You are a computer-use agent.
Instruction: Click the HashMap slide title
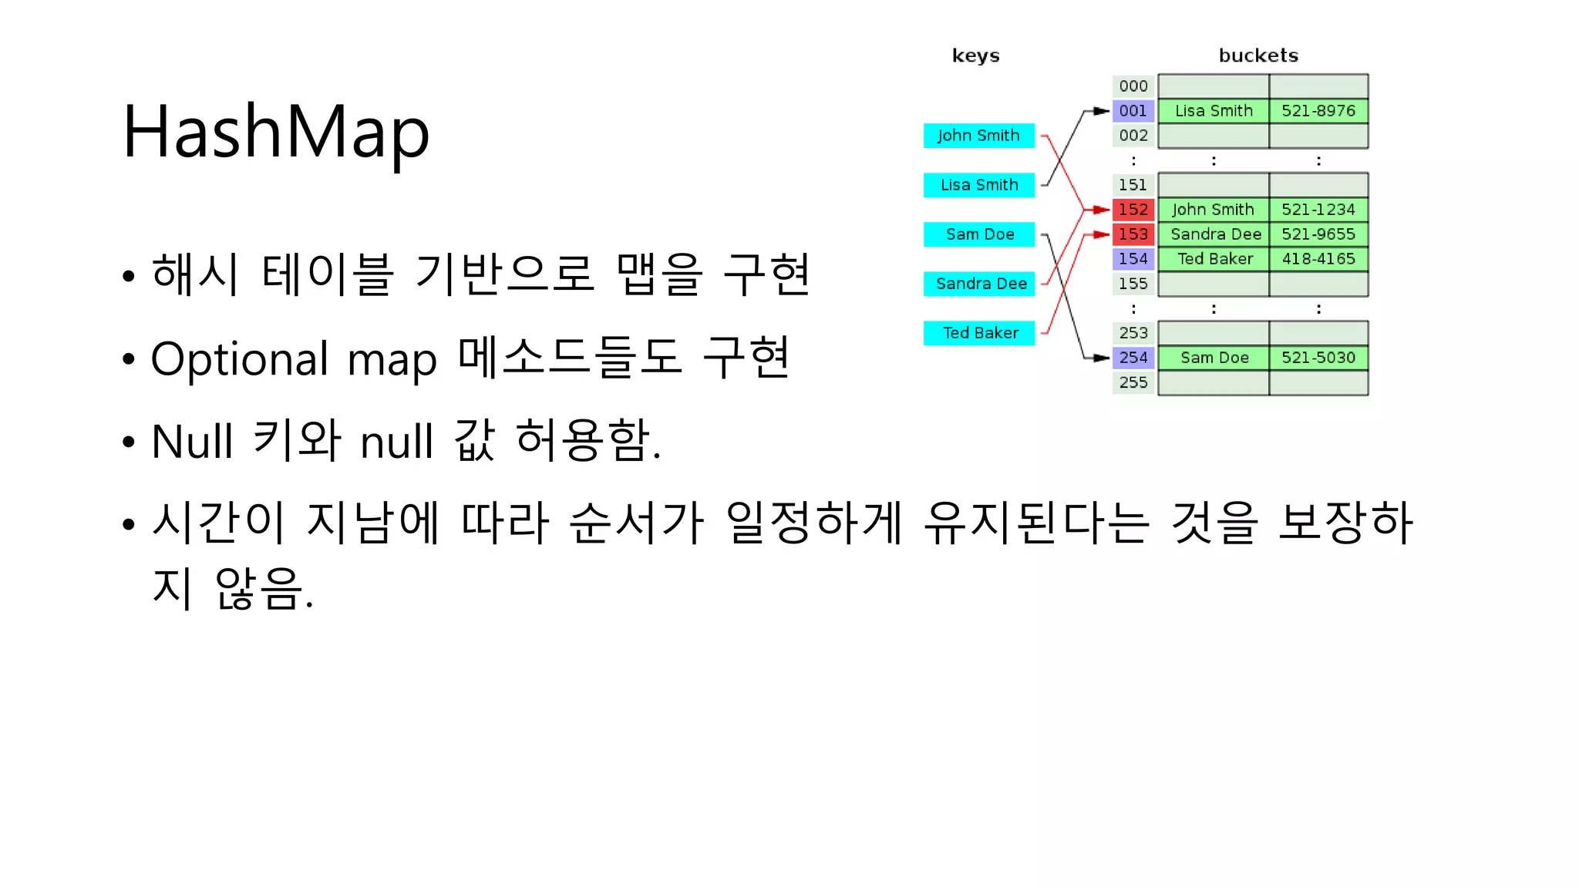pyautogui.click(x=275, y=133)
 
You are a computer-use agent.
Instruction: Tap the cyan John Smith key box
pyautogui.click(x=978, y=136)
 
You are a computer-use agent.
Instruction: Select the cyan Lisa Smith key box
pyautogui.click(x=978, y=185)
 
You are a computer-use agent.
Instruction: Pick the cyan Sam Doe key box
pyautogui.click(x=978, y=234)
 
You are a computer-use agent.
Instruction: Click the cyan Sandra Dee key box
pyautogui.click(x=978, y=284)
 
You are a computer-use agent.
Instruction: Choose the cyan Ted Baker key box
pyautogui.click(x=978, y=333)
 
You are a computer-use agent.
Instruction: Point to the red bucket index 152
pyautogui.click(x=1133, y=210)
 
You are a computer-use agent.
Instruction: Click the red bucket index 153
pyautogui.click(x=1133, y=234)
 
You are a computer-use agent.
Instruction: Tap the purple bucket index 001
pyautogui.click(x=1133, y=111)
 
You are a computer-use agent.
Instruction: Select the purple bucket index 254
pyautogui.click(x=1133, y=358)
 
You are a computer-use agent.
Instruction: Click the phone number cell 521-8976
pyautogui.click(x=1318, y=111)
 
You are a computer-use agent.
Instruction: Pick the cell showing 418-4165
pyautogui.click(x=1318, y=259)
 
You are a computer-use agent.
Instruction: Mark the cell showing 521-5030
pyautogui.click(x=1318, y=358)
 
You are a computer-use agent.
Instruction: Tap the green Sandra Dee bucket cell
pyautogui.click(x=1214, y=234)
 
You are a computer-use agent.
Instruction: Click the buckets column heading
pyautogui.click(x=1258, y=55)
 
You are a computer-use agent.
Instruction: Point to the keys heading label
pyautogui.click(x=975, y=55)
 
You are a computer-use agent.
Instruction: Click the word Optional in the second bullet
pyautogui.click(x=240, y=360)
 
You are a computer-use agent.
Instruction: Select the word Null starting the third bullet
pyautogui.click(x=192, y=442)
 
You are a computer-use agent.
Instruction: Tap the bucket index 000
pyautogui.click(x=1133, y=86)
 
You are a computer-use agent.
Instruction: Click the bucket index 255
pyautogui.click(x=1133, y=382)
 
